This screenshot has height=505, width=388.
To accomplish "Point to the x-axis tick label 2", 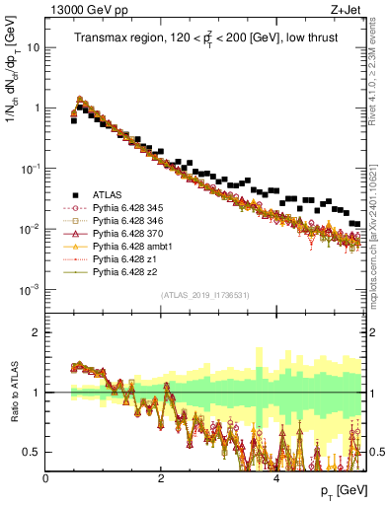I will coord(162,477).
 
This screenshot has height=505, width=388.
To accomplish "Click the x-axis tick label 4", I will coord(277,477).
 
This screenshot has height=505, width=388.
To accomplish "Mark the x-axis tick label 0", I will coord(46,477).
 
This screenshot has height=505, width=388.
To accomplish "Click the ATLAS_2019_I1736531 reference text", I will coord(204,296).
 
